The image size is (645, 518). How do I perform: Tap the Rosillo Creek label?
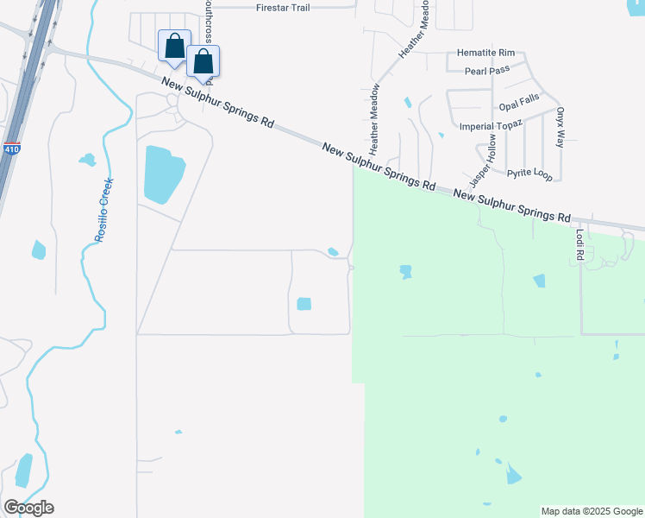[105, 211]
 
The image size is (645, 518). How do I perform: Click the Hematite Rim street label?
[485, 54]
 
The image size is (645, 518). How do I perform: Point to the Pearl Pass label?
[487, 71]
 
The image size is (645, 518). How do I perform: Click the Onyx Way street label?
[560, 127]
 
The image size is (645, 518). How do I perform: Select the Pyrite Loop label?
[529, 173]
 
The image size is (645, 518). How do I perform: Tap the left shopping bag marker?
[174, 46]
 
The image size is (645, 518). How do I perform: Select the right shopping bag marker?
[203, 61]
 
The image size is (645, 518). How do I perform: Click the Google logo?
[28, 508]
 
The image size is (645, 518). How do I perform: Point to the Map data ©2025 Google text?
[591, 511]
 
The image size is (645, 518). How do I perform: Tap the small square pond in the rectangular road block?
[304, 304]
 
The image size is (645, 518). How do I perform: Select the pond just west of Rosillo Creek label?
[87, 160]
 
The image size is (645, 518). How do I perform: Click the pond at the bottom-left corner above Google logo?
[23, 470]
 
